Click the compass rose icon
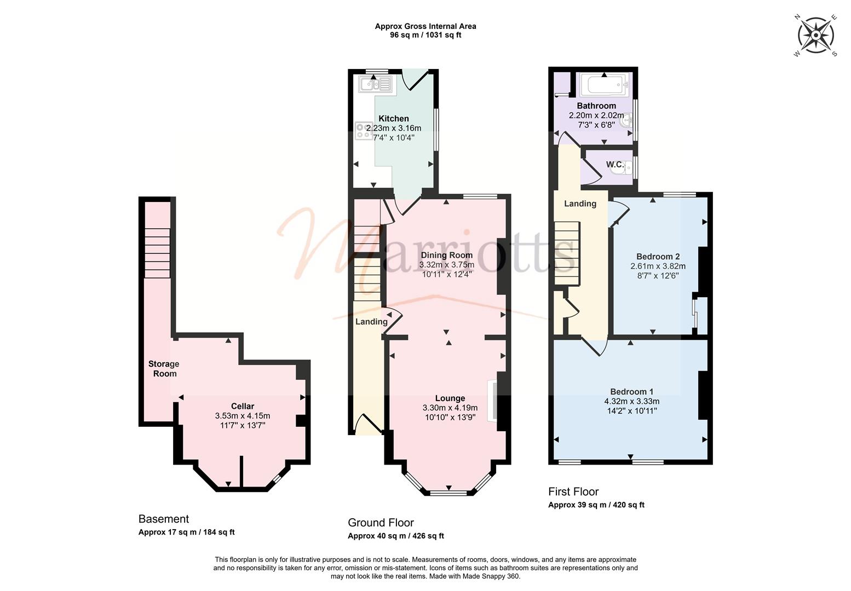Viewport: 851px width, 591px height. click(815, 36)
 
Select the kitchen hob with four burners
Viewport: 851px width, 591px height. click(364, 131)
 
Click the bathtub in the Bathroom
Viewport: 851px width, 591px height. click(604, 84)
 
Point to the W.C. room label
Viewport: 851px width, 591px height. click(614, 164)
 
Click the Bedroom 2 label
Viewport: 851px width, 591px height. click(658, 257)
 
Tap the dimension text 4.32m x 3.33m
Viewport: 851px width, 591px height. click(632, 401)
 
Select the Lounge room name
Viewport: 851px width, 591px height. click(450, 398)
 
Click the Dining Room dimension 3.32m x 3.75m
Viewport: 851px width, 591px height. click(447, 264)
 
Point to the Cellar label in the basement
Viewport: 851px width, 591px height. click(243, 406)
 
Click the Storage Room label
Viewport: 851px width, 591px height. click(164, 369)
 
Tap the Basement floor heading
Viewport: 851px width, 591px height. click(163, 519)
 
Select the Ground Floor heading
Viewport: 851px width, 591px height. click(381, 523)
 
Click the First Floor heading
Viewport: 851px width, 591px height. click(573, 491)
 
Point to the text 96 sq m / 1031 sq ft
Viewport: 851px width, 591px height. click(426, 36)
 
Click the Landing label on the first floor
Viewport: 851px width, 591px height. click(580, 204)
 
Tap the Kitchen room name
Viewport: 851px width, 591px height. click(394, 118)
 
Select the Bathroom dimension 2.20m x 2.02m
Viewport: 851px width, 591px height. click(596, 115)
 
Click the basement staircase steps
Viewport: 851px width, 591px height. click(157, 253)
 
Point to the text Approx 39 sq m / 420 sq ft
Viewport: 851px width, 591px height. click(596, 505)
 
